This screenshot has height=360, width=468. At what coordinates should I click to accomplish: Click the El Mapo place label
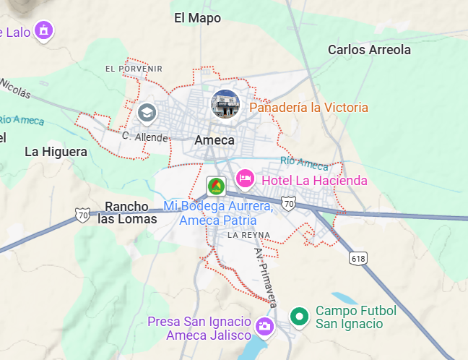(x=197, y=18)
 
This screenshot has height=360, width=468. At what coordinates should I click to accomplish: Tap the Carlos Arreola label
(x=369, y=50)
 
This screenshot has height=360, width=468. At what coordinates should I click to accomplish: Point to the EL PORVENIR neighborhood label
(x=134, y=69)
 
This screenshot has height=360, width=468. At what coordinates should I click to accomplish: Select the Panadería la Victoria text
(x=308, y=108)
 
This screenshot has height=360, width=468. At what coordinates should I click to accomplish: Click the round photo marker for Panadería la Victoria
(x=225, y=104)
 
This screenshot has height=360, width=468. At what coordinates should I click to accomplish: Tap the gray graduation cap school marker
(x=147, y=113)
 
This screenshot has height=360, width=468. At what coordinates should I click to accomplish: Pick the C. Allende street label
(x=145, y=137)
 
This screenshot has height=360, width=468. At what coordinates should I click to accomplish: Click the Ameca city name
(x=214, y=140)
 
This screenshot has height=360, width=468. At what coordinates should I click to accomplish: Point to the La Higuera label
(x=56, y=152)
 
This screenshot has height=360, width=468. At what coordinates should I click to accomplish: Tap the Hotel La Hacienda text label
(x=314, y=180)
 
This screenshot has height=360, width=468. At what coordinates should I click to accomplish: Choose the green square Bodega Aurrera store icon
(x=215, y=186)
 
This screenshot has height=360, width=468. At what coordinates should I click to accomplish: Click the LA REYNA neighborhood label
(x=248, y=235)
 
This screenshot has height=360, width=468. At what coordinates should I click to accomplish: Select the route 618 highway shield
(x=357, y=258)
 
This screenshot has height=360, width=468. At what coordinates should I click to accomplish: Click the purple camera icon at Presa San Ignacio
(x=264, y=326)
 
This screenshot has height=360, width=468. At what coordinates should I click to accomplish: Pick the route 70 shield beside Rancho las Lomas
(x=82, y=215)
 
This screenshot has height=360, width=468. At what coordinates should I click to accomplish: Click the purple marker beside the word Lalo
(x=45, y=30)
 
